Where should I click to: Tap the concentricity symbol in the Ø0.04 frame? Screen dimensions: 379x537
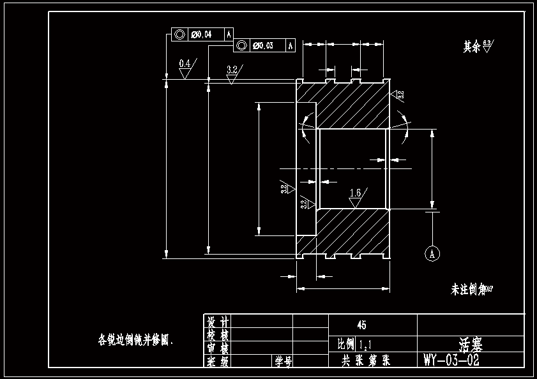(179, 34)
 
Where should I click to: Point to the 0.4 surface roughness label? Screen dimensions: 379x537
(185, 63)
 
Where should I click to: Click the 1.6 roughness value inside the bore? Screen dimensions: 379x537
(356, 192)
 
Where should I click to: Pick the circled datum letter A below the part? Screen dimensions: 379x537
(432, 253)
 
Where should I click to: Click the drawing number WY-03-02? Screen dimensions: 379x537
(451, 360)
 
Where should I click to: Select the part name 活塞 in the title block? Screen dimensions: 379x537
(471, 345)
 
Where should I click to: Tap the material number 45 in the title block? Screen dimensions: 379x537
(362, 325)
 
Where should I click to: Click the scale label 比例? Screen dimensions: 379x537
(345, 345)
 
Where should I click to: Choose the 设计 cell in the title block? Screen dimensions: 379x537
(217, 320)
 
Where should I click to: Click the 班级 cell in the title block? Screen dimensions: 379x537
(217, 362)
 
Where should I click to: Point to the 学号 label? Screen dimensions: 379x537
(283, 362)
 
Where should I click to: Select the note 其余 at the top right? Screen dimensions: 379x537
(471, 47)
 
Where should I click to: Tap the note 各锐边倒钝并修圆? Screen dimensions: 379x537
(136, 339)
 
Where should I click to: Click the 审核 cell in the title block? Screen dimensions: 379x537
(217, 348)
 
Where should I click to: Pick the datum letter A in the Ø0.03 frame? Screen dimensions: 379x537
(291, 45)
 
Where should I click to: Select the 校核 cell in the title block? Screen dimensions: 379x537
(217, 334)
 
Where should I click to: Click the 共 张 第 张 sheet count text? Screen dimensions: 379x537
(366, 360)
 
